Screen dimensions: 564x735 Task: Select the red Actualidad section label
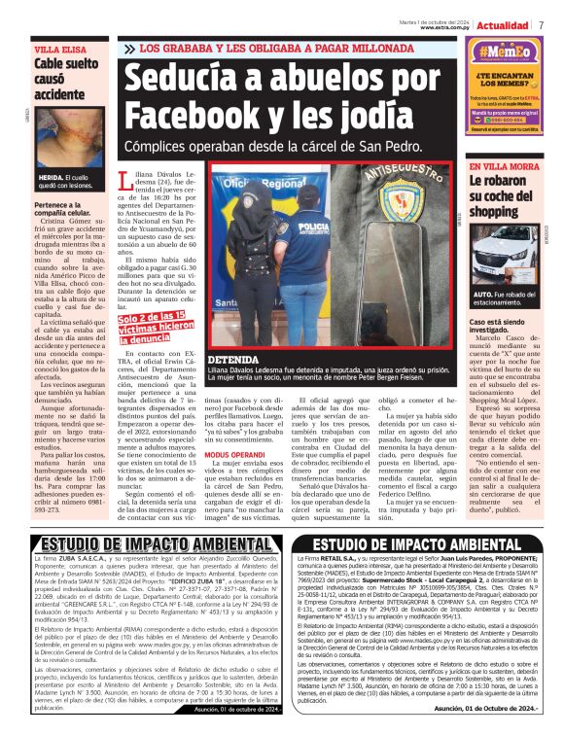[505, 24]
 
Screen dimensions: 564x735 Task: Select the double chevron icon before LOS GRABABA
[129, 47]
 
